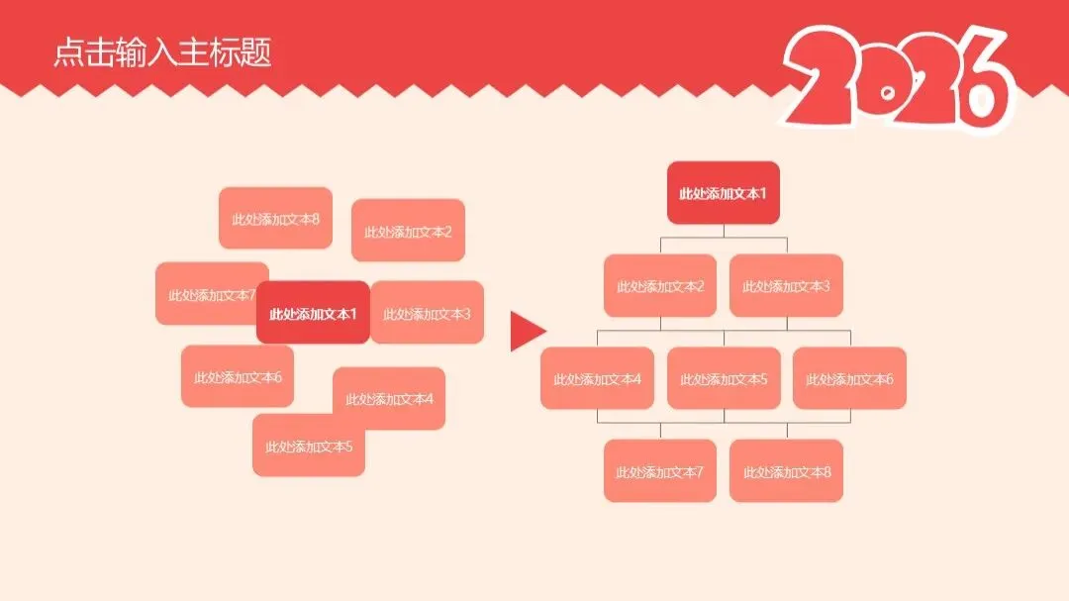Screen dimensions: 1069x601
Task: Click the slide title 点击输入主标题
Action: tap(162, 52)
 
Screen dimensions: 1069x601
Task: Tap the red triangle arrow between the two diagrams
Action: tap(526, 331)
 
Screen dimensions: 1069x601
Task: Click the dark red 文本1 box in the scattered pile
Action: tap(313, 314)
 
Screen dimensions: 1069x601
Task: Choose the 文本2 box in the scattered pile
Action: tap(408, 232)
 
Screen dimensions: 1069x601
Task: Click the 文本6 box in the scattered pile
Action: tap(238, 377)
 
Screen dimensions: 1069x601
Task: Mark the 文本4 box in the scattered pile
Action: tap(389, 398)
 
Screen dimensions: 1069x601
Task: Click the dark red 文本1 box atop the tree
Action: tap(723, 193)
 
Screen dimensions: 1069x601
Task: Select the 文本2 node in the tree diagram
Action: tap(660, 286)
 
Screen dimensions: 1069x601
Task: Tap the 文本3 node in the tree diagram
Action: tap(786, 286)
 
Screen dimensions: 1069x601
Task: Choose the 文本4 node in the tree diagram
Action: tap(597, 378)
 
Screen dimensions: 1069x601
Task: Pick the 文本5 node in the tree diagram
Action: tap(724, 378)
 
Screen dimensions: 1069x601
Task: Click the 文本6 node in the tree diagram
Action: tap(849, 378)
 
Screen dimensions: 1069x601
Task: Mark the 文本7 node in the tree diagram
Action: tap(660, 471)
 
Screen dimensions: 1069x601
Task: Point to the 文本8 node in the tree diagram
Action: tap(786, 471)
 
